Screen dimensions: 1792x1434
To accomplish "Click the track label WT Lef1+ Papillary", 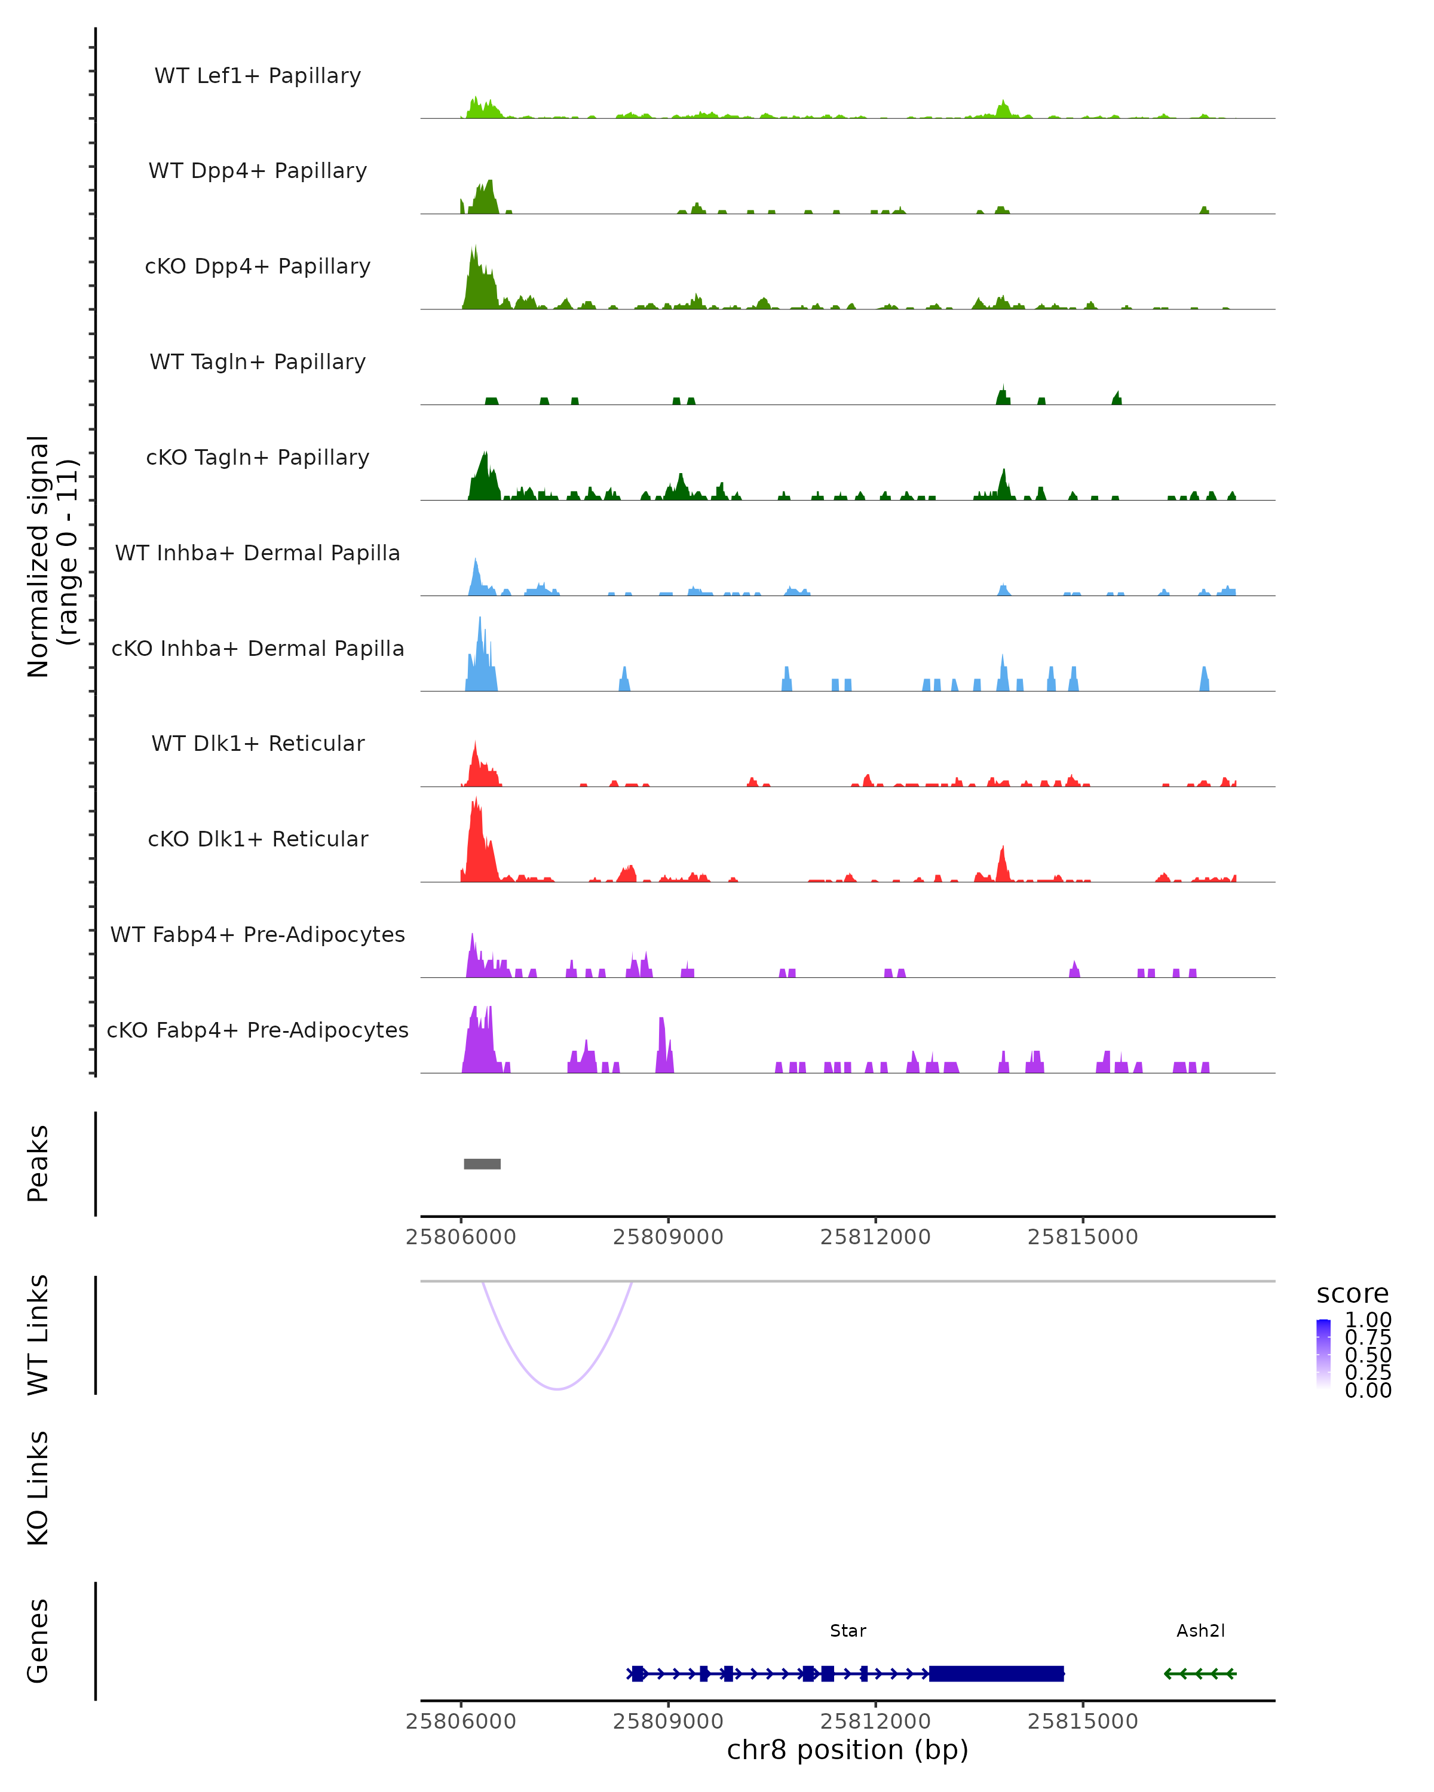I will point(258,76).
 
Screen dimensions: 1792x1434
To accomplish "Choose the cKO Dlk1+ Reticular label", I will point(258,839).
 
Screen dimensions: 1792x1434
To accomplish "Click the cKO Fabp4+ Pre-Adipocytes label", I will point(258,1030).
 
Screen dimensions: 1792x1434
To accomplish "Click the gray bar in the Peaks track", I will point(482,1164).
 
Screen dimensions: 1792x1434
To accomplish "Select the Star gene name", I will point(848,1631).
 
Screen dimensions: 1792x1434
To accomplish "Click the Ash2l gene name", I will point(1200,1631).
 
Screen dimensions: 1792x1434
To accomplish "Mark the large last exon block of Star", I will point(996,1673).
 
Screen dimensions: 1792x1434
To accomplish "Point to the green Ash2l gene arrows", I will point(1200,1673).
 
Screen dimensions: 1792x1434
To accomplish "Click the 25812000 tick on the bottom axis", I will point(875,1722).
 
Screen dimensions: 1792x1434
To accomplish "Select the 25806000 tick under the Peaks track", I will point(461,1237).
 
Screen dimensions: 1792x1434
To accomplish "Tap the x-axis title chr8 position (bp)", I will point(848,1750).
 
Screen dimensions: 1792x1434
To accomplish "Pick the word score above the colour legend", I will point(1353,1294).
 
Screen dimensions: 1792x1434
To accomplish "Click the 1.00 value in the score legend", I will point(1368,1320).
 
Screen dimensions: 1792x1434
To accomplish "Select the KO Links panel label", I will point(38,1488).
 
